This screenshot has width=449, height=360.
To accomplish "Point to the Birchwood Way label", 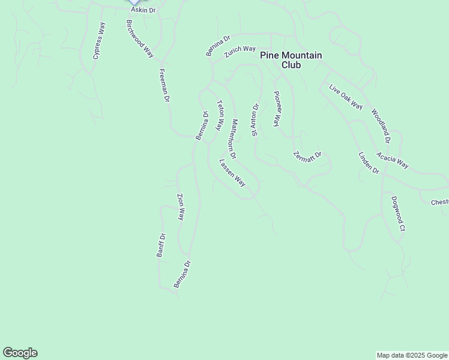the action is (x=140, y=38).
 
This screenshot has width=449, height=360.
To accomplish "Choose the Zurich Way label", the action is (x=240, y=52).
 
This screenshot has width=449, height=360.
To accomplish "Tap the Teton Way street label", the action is (x=220, y=113).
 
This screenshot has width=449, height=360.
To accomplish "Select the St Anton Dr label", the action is (x=255, y=120).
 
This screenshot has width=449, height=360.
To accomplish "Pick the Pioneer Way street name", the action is (x=277, y=108).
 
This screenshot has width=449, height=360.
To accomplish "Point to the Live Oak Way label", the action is (x=346, y=97).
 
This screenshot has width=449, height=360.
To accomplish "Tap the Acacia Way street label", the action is (x=393, y=160).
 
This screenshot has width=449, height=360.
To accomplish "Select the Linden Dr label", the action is (x=369, y=163).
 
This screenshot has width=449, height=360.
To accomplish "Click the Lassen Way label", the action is (x=233, y=172).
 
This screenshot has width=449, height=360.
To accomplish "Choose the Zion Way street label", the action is (x=180, y=207).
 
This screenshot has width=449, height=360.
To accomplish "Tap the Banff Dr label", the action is (x=161, y=245).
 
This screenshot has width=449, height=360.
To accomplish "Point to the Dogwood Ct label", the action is (x=399, y=214).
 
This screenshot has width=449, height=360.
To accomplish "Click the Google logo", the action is (x=20, y=353).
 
